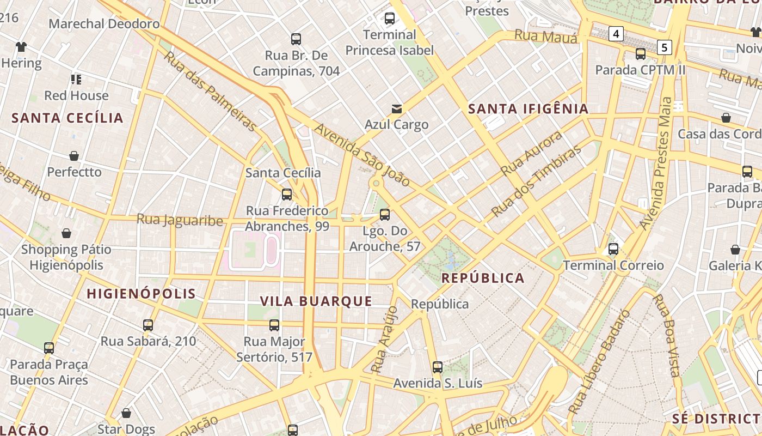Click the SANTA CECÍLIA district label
pyautogui.click(x=67, y=118)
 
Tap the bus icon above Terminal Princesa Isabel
pyautogui.click(x=390, y=19)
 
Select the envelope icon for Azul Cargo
pyautogui.click(x=397, y=109)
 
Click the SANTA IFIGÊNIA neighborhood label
pyautogui.click(x=529, y=108)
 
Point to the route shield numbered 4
pyautogui.click(x=616, y=34)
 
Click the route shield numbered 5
pyautogui.click(x=664, y=47)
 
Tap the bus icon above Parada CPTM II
pyautogui.click(x=641, y=54)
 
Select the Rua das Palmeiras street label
pyautogui.click(x=210, y=92)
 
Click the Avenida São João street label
pyautogui.click(x=362, y=155)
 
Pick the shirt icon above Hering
pyautogui.click(x=21, y=47)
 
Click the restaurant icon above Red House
pyautogui.click(x=76, y=80)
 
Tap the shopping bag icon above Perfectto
pyautogui.click(x=74, y=156)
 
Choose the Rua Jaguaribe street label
pyautogui.click(x=180, y=220)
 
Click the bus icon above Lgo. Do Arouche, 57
pyautogui.click(x=385, y=215)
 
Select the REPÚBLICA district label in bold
pyautogui.click(x=483, y=278)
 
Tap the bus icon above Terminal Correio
pyautogui.click(x=613, y=249)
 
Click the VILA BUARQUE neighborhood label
pyautogui.click(x=316, y=301)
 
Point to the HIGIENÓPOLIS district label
pyautogui.click(x=142, y=293)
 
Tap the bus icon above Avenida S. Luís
pyautogui.click(x=438, y=367)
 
